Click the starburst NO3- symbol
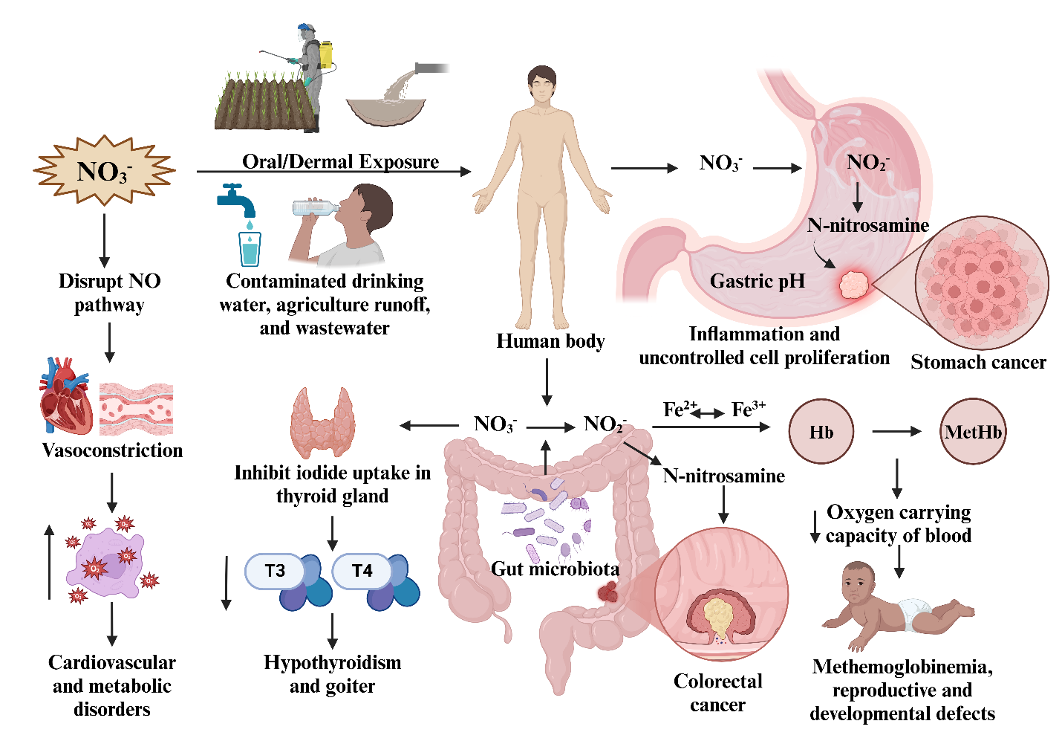(104, 170)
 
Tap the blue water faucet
(235, 199)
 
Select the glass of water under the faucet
(250, 249)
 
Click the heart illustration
(65, 396)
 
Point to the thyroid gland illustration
(322, 422)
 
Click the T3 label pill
(275, 570)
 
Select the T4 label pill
(362, 570)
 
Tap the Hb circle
(821, 431)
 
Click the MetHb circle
(973, 431)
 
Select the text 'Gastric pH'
(758, 281)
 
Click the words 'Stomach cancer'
(978, 362)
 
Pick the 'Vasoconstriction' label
(112, 450)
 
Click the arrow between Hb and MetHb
(896, 431)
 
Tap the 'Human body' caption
(550, 341)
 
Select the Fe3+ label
(749, 409)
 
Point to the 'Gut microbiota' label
(555, 569)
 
